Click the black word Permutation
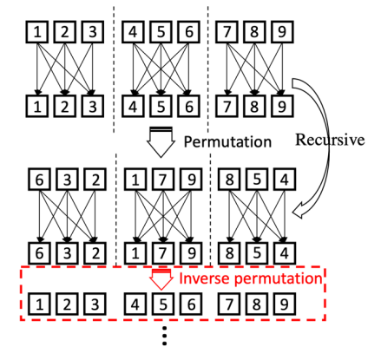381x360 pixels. (227, 142)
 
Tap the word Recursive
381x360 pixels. (330, 140)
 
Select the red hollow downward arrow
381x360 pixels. (161, 279)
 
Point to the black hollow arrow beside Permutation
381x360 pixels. (161, 141)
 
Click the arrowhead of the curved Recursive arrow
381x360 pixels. (298, 212)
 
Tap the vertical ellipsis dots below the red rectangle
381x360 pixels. (164, 336)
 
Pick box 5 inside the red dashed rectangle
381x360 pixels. (163, 304)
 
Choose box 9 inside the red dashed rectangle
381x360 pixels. (285, 304)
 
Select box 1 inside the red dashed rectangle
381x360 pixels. (39, 304)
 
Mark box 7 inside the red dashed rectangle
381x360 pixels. (229, 304)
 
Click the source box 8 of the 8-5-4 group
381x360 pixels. (229, 180)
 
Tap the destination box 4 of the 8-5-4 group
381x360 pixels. (285, 253)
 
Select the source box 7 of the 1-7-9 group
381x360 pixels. (163, 180)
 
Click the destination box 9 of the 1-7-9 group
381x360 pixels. (191, 253)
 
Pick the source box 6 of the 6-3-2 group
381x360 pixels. (39, 180)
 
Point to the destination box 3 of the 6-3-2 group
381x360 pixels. (67, 253)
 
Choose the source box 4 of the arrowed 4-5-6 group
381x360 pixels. (133, 32)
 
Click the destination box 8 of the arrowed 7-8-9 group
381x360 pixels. (254, 106)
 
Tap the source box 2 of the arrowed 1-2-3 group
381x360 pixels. (65, 32)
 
